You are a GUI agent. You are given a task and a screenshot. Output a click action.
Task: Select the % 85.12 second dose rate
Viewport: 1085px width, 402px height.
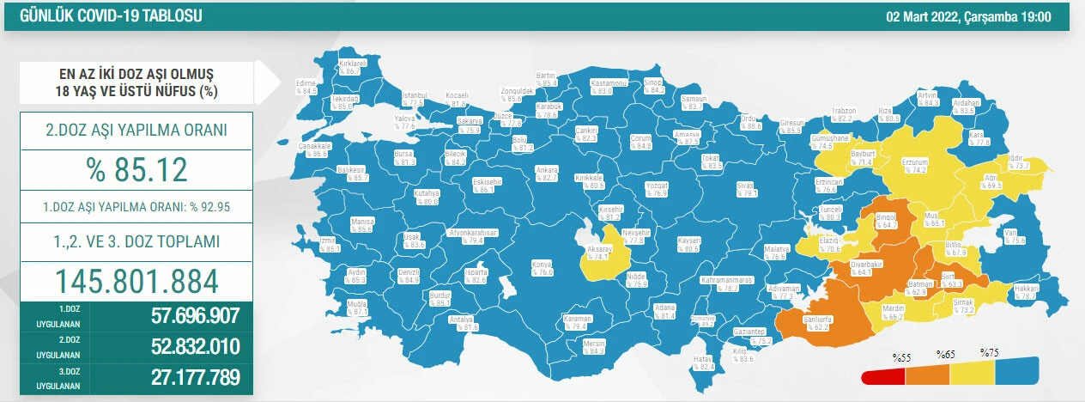click(136, 169)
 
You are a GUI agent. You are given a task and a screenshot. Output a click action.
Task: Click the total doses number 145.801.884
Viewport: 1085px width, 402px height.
click(136, 280)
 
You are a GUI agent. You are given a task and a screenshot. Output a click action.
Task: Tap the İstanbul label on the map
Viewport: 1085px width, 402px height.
click(415, 97)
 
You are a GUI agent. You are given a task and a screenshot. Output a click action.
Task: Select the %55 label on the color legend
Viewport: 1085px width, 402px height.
click(900, 355)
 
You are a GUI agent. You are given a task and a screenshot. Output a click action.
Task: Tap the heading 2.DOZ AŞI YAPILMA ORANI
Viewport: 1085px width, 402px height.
click(136, 131)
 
